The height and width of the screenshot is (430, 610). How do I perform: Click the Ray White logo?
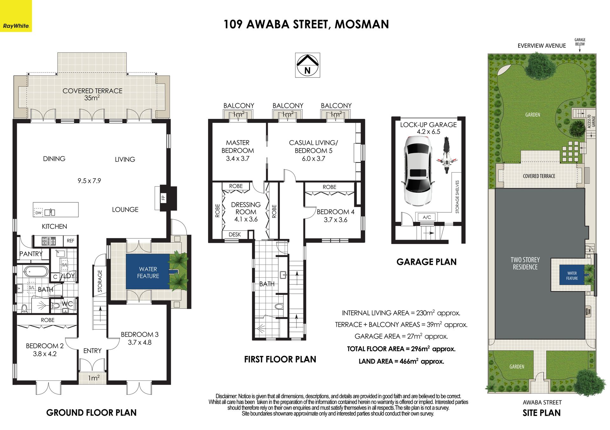(x=16, y=16)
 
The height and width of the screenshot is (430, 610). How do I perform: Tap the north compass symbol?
(x=307, y=65)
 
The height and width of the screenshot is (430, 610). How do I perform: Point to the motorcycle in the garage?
(x=446, y=155)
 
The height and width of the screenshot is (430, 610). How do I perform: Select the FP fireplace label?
(x=163, y=198)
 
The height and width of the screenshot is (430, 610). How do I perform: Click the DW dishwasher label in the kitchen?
(x=38, y=213)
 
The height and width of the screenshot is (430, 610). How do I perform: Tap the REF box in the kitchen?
(x=71, y=241)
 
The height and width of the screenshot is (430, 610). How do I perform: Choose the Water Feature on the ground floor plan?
(x=148, y=272)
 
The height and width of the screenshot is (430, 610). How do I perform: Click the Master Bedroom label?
(x=238, y=147)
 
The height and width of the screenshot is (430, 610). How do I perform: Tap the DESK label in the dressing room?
(x=235, y=235)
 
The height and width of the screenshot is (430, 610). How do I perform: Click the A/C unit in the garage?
(x=427, y=217)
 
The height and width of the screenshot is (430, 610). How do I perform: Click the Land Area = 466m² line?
(x=401, y=361)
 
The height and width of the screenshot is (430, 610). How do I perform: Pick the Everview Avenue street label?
(x=542, y=46)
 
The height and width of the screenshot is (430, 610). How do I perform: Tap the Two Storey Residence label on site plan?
(x=525, y=263)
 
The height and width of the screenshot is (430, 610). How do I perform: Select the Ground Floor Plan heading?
(x=91, y=413)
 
